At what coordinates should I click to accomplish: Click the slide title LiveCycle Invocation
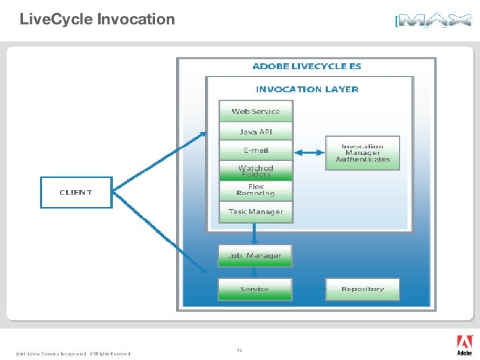(x=97, y=20)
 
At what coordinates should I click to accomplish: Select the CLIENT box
(x=76, y=193)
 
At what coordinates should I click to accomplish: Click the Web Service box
(x=255, y=111)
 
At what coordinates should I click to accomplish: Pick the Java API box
(x=255, y=132)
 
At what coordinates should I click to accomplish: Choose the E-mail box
(x=255, y=151)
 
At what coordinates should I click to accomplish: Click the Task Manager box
(x=255, y=212)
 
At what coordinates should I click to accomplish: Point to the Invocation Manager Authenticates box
(x=363, y=153)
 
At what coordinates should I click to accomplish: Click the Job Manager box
(x=255, y=256)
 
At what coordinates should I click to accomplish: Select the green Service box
(x=255, y=289)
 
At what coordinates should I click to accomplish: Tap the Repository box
(x=363, y=289)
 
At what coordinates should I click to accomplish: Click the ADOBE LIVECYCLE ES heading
(x=307, y=67)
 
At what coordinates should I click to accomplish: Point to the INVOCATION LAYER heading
(x=307, y=89)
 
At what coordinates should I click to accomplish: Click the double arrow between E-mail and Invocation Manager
(x=309, y=152)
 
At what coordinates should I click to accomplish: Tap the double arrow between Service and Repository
(x=308, y=289)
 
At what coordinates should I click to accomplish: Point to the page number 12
(x=239, y=349)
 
